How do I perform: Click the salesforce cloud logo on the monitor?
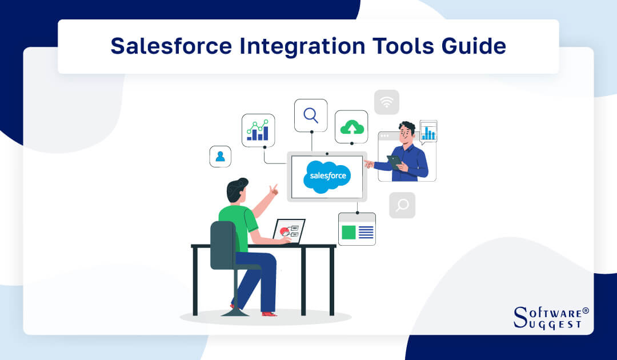click(x=327, y=176)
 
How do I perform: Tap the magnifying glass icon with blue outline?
click(x=311, y=115)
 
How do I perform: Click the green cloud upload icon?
click(x=351, y=127)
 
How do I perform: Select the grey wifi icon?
click(x=387, y=102)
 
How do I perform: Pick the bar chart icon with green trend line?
click(x=258, y=130)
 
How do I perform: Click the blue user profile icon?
click(x=220, y=156)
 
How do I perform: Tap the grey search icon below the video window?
click(x=402, y=205)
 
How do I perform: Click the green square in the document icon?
click(x=348, y=232)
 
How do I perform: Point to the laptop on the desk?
click(x=289, y=231)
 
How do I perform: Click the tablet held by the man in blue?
click(x=394, y=161)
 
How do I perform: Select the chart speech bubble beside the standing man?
click(x=428, y=131)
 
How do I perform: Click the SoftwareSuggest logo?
click(x=550, y=318)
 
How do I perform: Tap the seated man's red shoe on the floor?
click(x=269, y=313)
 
